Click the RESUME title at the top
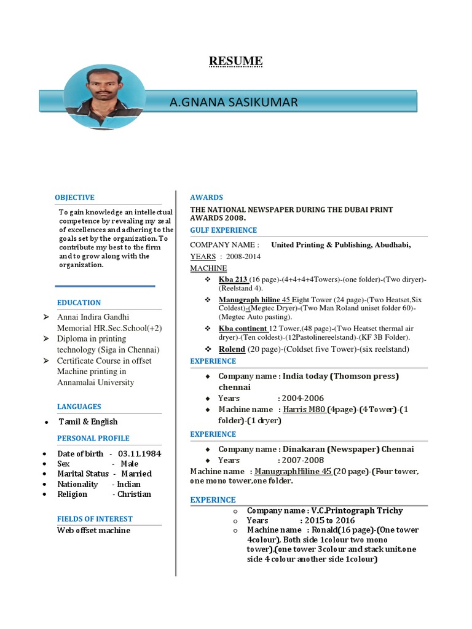pyautogui.click(x=235, y=61)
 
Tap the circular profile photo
pyautogui.click(x=104, y=97)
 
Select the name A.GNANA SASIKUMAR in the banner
pyautogui.click(x=234, y=102)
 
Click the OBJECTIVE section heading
pyautogui.click(x=74, y=197)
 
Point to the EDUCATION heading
pyautogui.click(x=79, y=302)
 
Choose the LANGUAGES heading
pyautogui.click(x=79, y=407)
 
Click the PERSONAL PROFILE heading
pyautogui.click(x=93, y=438)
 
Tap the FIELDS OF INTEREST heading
pyautogui.click(x=95, y=519)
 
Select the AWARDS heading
pyautogui.click(x=206, y=197)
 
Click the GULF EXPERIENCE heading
pyautogui.click(x=224, y=230)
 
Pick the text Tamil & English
pyautogui.click(x=88, y=421)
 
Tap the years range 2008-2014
pyautogui.click(x=243, y=256)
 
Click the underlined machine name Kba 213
pyautogui.click(x=233, y=279)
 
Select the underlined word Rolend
pyautogui.click(x=232, y=349)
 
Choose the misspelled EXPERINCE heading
pyautogui.click(x=213, y=499)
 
